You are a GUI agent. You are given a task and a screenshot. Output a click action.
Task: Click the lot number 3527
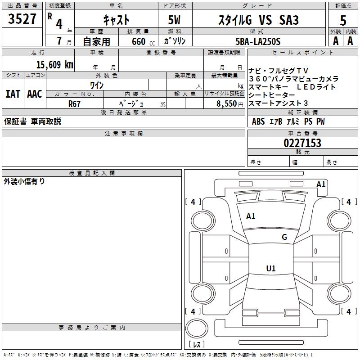[22, 19]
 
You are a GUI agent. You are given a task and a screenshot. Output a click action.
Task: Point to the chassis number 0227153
[302, 143]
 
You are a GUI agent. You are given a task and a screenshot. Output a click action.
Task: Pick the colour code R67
[75, 103]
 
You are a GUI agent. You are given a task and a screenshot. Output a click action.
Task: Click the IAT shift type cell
[13, 94]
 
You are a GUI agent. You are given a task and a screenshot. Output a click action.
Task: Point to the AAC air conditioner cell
[34, 94]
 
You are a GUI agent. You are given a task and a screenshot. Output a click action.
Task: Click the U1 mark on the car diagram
[270, 269]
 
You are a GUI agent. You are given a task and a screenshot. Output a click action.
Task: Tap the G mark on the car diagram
[284, 237]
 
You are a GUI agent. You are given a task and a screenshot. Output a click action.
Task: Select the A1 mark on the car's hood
[251, 216]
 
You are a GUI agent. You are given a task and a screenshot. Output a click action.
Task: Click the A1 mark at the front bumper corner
[321, 184]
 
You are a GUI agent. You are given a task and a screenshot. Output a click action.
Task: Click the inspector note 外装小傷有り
[24, 181]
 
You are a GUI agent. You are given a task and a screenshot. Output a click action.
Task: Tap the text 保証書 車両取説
[32, 121]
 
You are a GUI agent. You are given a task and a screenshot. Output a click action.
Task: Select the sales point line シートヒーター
[272, 95]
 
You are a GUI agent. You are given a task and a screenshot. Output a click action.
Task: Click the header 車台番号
[302, 134]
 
